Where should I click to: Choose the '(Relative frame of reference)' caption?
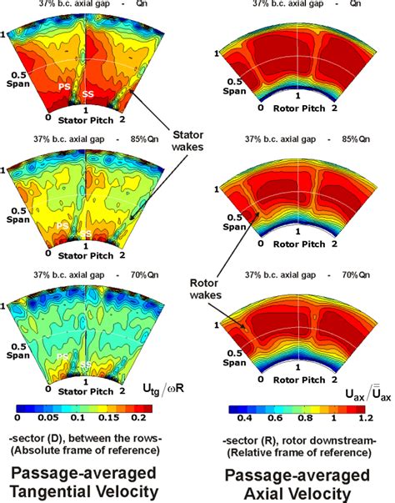coord(302,452)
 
